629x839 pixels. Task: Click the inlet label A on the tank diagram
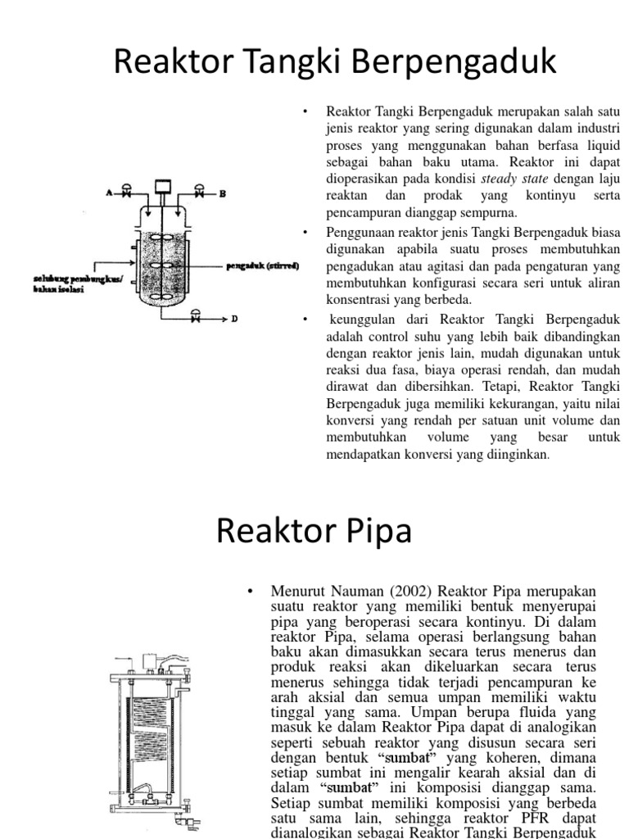click(106, 193)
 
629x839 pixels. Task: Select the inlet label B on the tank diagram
click(221, 193)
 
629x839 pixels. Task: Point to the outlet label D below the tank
click(234, 320)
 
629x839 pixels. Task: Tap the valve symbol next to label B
click(200, 193)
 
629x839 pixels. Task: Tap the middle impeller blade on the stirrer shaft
click(160, 265)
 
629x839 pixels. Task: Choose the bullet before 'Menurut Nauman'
click(252, 591)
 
